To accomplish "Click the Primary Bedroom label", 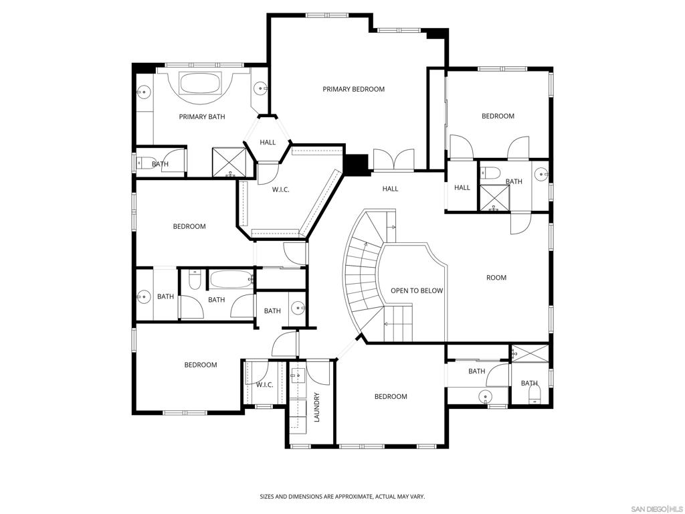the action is (x=353, y=89).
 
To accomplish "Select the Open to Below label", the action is (x=417, y=290).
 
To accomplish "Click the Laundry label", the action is (x=317, y=408).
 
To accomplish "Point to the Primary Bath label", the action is (x=202, y=116).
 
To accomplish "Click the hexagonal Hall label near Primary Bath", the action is (x=268, y=142).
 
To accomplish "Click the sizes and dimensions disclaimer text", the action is (x=342, y=497).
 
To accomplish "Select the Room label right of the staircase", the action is (x=496, y=278).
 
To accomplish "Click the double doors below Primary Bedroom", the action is (x=393, y=159).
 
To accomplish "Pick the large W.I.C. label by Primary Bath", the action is (x=280, y=189).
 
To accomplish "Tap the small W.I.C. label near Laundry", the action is (x=265, y=385).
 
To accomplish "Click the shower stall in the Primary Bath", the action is (x=229, y=163).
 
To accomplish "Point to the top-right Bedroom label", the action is (x=498, y=116).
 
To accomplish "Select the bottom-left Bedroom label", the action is (x=201, y=365).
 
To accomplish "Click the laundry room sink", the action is (x=297, y=375).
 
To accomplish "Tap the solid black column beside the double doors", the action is (x=357, y=165).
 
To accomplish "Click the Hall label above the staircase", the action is (x=390, y=189).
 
